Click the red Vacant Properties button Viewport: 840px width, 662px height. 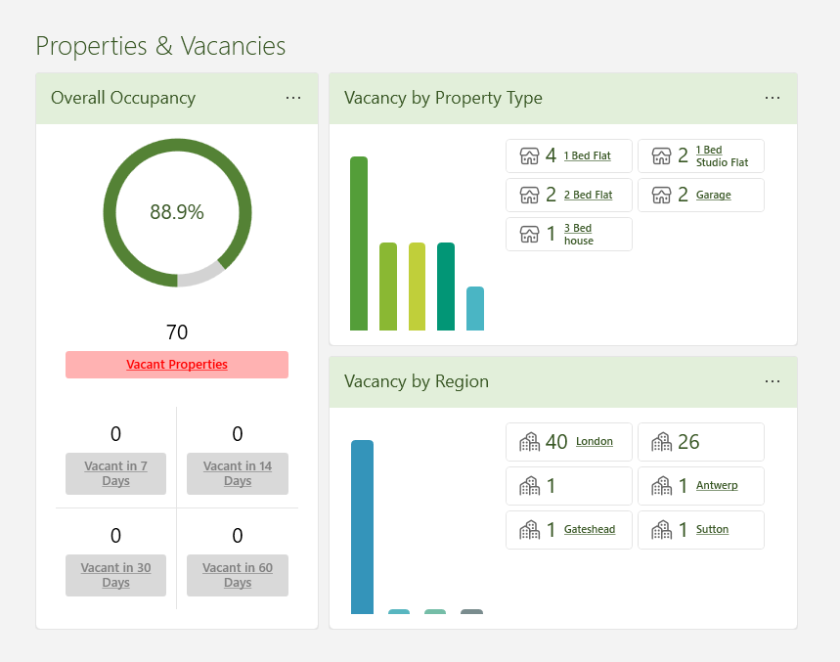point(177,365)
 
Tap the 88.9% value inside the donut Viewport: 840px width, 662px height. point(177,212)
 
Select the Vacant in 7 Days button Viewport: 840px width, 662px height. point(115,473)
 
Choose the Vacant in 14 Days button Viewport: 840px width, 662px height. point(238,473)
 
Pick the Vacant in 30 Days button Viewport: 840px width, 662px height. point(115,575)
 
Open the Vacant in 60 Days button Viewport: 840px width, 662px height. point(238,575)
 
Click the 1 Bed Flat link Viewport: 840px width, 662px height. point(587,155)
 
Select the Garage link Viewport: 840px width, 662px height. point(713,195)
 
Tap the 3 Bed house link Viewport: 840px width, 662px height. point(578,234)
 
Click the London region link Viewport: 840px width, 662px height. point(594,441)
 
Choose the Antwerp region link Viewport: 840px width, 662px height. point(717,485)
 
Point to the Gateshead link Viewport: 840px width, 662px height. point(589,529)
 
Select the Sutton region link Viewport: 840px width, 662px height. point(712,529)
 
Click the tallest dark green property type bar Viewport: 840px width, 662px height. point(359,243)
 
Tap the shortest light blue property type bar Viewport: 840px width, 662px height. point(475,308)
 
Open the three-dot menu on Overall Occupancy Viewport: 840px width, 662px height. point(293,98)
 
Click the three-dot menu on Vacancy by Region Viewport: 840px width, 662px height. point(773,381)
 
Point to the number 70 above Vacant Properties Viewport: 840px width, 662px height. point(177,332)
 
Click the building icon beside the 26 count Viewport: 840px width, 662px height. point(662,442)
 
